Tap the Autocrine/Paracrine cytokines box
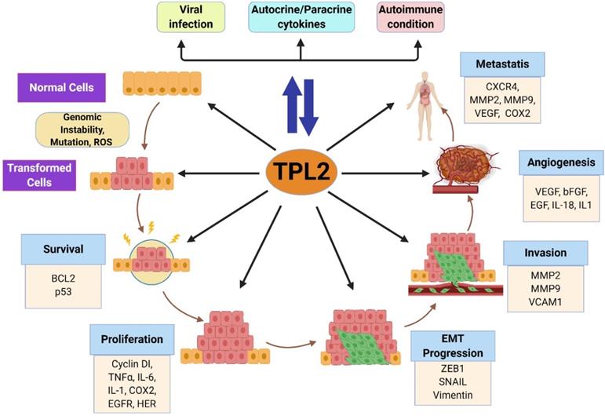(x=301, y=17)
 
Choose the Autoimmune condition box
(x=408, y=17)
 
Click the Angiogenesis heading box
(x=558, y=163)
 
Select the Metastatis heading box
(x=503, y=62)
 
